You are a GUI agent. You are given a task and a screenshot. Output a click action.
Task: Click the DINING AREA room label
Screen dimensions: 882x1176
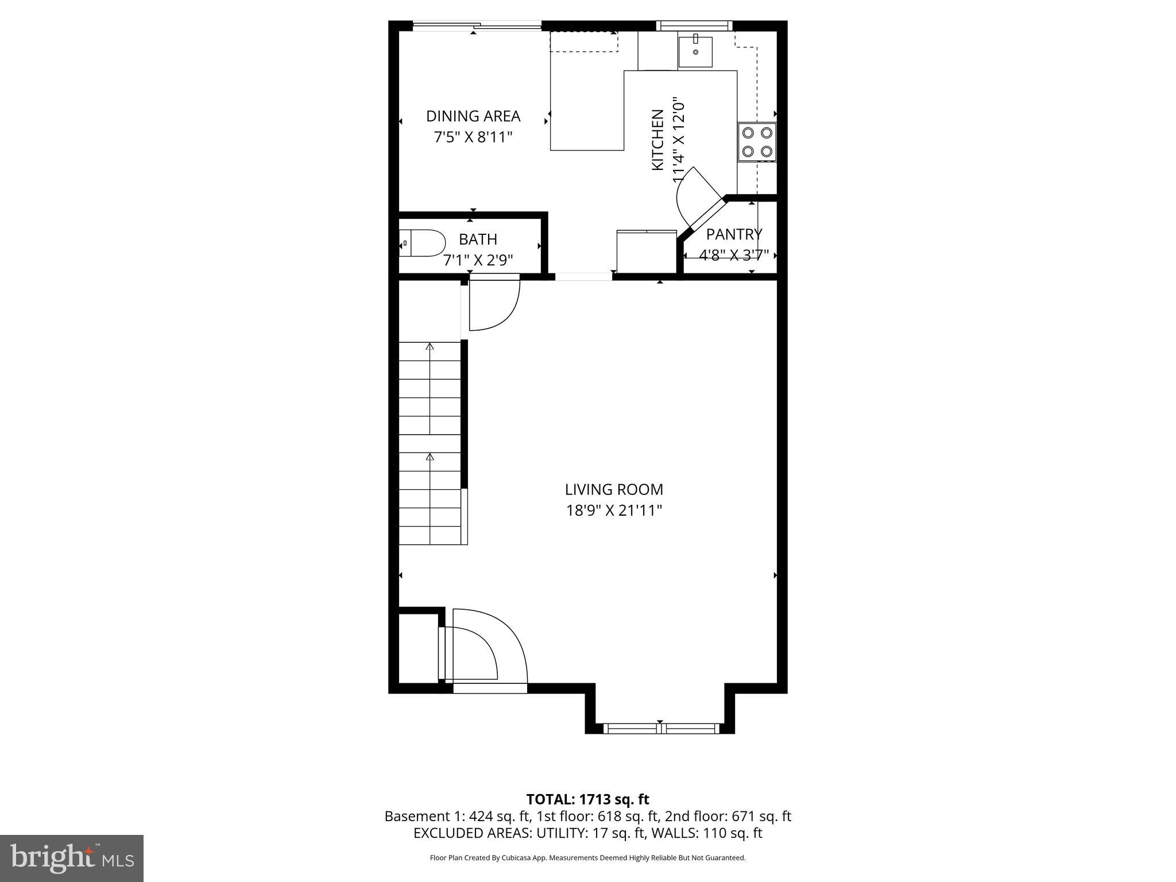point(473,116)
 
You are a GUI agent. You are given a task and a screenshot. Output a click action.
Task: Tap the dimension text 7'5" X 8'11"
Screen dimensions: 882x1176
point(473,137)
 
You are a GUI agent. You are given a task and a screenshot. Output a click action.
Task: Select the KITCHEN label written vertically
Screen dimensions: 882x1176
point(658,140)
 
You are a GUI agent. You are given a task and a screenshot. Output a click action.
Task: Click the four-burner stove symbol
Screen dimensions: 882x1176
point(757,142)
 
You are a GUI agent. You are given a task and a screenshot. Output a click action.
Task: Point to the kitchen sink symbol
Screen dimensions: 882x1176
point(695,52)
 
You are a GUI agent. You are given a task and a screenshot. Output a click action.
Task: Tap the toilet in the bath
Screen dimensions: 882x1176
point(424,243)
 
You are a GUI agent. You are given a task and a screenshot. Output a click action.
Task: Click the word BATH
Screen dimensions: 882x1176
point(478,239)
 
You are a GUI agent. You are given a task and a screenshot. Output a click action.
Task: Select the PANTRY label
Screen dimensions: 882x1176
point(734,234)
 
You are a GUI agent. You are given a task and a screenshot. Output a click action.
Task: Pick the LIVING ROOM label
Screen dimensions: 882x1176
point(614,489)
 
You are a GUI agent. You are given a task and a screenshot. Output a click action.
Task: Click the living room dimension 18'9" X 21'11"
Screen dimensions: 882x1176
point(614,510)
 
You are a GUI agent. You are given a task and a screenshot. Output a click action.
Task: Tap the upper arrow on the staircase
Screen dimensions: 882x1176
point(430,346)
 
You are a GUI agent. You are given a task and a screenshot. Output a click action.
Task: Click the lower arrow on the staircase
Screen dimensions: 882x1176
point(430,457)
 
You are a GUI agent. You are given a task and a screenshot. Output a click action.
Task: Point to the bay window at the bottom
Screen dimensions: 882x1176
point(660,728)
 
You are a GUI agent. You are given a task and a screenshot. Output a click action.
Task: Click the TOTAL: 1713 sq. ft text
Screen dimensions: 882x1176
point(587,799)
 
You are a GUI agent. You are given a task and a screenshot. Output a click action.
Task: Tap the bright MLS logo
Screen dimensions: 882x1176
point(71,858)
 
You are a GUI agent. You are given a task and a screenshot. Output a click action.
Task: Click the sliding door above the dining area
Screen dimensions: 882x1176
point(477,25)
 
